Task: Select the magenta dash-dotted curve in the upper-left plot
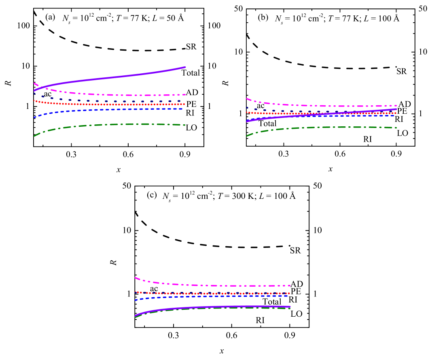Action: (x=121, y=94)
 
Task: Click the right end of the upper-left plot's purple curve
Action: (x=185, y=67)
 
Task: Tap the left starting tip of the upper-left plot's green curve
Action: (x=34, y=136)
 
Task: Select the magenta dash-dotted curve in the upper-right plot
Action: (x=324, y=106)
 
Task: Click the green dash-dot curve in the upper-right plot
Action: (x=324, y=127)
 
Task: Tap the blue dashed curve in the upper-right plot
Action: (x=364, y=115)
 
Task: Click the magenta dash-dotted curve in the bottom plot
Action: (x=222, y=285)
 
